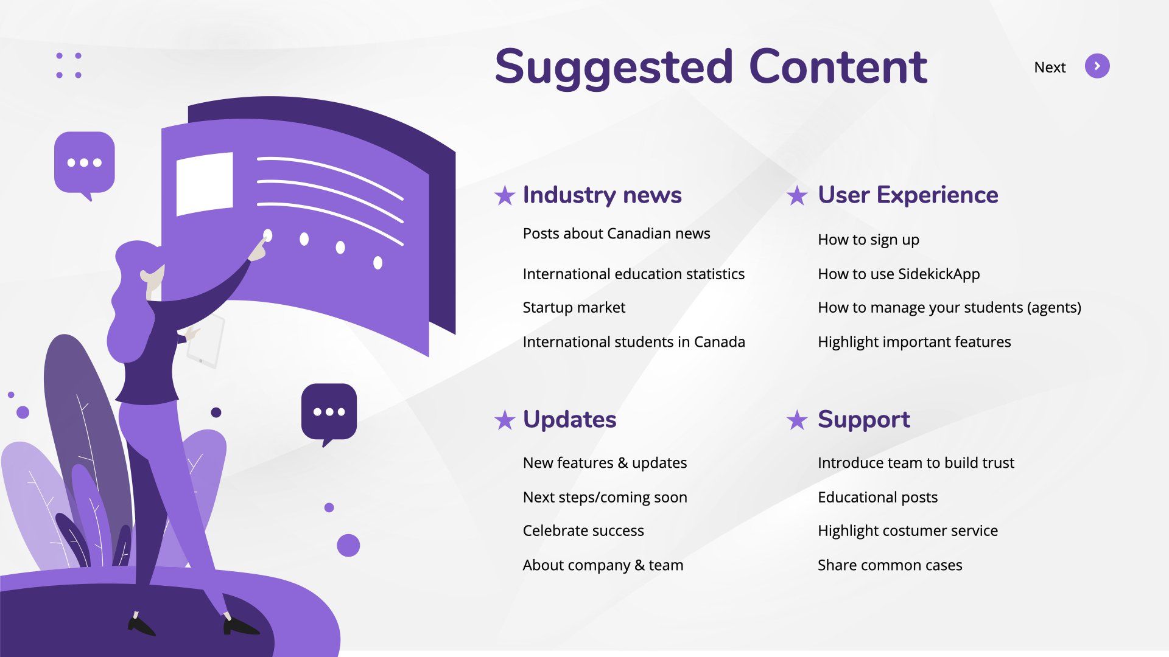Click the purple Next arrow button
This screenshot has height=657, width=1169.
(x=1097, y=66)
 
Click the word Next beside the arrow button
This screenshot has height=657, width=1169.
(x=1050, y=68)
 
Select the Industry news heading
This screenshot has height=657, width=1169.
(x=602, y=195)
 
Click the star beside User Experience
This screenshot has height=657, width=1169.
(x=797, y=196)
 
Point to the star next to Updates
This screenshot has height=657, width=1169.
(x=505, y=420)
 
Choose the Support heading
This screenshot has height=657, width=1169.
(x=864, y=420)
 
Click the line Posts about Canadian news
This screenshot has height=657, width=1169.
(x=616, y=234)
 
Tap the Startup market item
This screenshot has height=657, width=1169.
(x=574, y=308)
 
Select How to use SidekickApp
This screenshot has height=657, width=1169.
(x=899, y=274)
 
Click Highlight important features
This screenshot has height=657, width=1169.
(x=914, y=342)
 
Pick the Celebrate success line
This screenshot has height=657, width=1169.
(x=583, y=530)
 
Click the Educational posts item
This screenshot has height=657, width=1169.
(x=877, y=498)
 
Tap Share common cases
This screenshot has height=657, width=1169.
(x=890, y=565)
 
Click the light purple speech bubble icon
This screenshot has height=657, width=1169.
(x=85, y=163)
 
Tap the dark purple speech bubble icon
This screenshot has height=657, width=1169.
(x=329, y=412)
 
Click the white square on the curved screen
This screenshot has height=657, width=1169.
(x=205, y=184)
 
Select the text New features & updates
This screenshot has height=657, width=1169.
(x=605, y=463)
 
